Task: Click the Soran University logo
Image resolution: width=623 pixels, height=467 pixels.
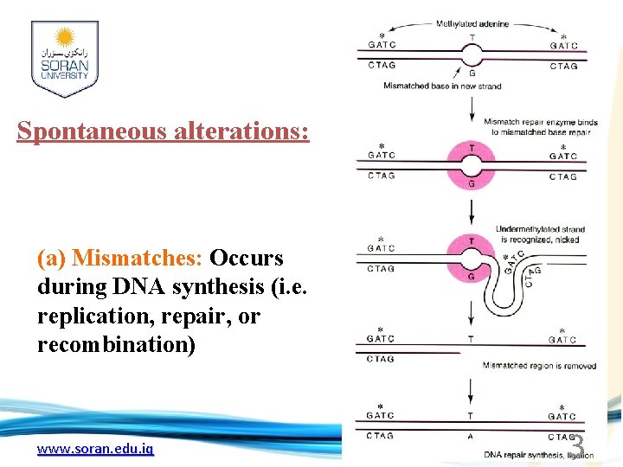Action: (x=64, y=58)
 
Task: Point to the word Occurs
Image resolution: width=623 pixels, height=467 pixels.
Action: (x=247, y=259)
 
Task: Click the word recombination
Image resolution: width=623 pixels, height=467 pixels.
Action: (x=117, y=345)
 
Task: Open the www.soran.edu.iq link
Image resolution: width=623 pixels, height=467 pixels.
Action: (x=95, y=449)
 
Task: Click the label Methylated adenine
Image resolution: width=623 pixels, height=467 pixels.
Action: (x=472, y=24)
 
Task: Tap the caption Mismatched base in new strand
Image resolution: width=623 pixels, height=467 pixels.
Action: (x=442, y=86)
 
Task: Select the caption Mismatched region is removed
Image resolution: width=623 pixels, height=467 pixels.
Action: (x=539, y=366)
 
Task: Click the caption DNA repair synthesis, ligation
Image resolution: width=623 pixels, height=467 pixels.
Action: (x=538, y=455)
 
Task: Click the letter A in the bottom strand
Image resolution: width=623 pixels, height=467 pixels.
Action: (x=471, y=437)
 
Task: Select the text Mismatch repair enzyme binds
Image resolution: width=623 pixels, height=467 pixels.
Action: (x=540, y=122)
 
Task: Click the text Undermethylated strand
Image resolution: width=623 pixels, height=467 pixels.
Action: (x=541, y=229)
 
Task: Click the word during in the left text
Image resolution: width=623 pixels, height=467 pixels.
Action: (x=65, y=287)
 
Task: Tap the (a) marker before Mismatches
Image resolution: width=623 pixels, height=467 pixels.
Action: (x=52, y=259)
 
